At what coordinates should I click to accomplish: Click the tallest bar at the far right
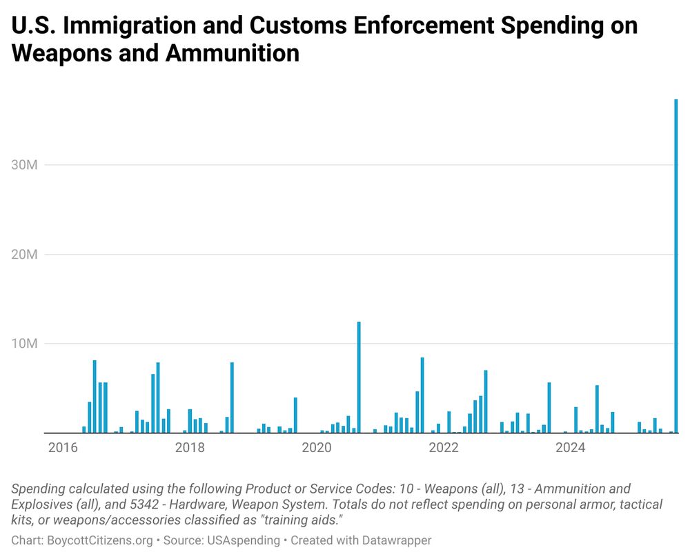pos(676,266)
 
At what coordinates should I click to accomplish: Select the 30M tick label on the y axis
pos(25,165)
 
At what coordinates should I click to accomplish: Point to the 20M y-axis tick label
pos(25,255)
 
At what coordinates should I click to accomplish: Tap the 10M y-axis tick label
pos(25,344)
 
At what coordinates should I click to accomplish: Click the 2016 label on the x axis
pos(63,448)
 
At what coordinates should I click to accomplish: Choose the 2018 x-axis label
pos(190,448)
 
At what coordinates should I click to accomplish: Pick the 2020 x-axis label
pos(317,448)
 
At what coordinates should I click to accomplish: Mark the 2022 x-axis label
pos(444,448)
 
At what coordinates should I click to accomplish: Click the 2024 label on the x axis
pos(571,448)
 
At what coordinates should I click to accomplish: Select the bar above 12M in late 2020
pos(359,377)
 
